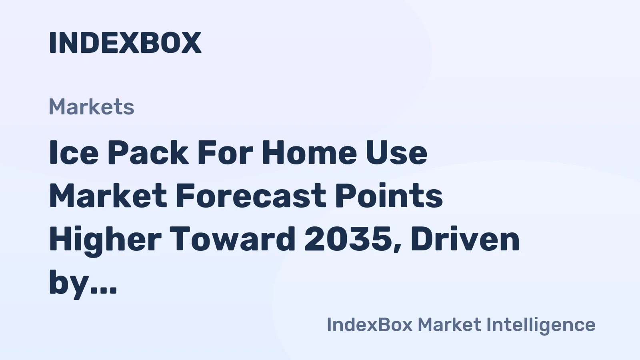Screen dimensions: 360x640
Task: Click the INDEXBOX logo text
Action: pos(125,42)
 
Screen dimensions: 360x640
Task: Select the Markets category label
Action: pos(91,107)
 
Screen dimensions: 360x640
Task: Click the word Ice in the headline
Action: pos(74,153)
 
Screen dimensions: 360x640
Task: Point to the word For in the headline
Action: pos(225,153)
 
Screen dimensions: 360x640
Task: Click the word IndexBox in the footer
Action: pos(369,324)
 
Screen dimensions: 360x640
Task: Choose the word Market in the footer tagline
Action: pos(449,324)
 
